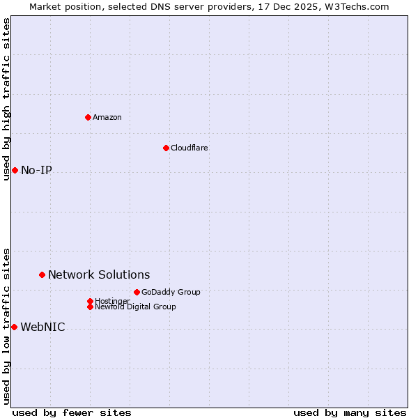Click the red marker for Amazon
coord(88,117)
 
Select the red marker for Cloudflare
coord(166,148)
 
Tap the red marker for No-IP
coord(15,171)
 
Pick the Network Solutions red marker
coord(42,275)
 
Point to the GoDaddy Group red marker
coord(137,292)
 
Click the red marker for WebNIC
coord(15,327)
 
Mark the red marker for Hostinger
coord(90,301)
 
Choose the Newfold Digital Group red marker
coord(90,307)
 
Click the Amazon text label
coord(107,117)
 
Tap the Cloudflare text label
coord(189,148)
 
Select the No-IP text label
coord(36,171)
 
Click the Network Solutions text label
coord(99,275)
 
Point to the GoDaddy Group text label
coord(171,292)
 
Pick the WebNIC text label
coord(42,327)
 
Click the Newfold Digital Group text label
coord(135,307)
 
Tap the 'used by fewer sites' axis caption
coord(72,412)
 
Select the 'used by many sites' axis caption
coord(350,412)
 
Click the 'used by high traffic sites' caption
coord(6,99)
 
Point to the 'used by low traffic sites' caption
coord(6,326)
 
